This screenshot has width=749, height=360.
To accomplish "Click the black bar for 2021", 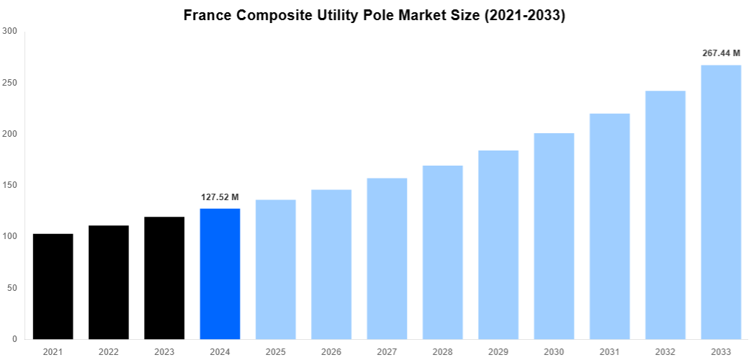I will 53,287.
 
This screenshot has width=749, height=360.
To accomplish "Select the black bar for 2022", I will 109,282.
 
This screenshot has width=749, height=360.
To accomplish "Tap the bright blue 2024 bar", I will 220,274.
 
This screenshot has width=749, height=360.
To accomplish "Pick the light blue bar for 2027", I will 387,258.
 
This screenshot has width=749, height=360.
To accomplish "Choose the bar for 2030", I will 554,236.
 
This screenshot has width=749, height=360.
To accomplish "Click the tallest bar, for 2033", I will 721,202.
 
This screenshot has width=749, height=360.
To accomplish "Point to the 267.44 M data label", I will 721,53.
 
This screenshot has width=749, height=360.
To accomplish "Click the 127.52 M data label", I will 220,197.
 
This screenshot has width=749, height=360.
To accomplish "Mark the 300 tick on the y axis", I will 10,31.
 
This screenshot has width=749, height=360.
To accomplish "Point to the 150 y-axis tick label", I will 10,185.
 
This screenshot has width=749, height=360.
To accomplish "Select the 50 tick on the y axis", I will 12,288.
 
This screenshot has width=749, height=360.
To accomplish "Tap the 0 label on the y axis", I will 15,339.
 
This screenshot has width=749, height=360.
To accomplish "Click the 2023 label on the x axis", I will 164,351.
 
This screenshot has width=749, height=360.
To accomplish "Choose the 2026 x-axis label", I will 331,351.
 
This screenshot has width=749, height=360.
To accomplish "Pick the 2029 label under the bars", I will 498,351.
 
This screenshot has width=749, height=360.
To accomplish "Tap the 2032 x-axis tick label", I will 665,351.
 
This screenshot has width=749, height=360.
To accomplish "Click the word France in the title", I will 209,15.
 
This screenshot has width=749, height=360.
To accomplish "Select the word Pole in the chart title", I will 382,15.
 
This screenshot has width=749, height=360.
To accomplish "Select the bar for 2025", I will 276,269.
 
